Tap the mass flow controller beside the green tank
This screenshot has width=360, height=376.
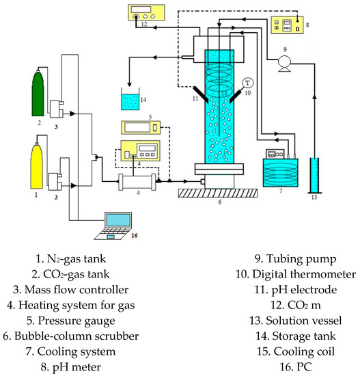coord(57,109)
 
